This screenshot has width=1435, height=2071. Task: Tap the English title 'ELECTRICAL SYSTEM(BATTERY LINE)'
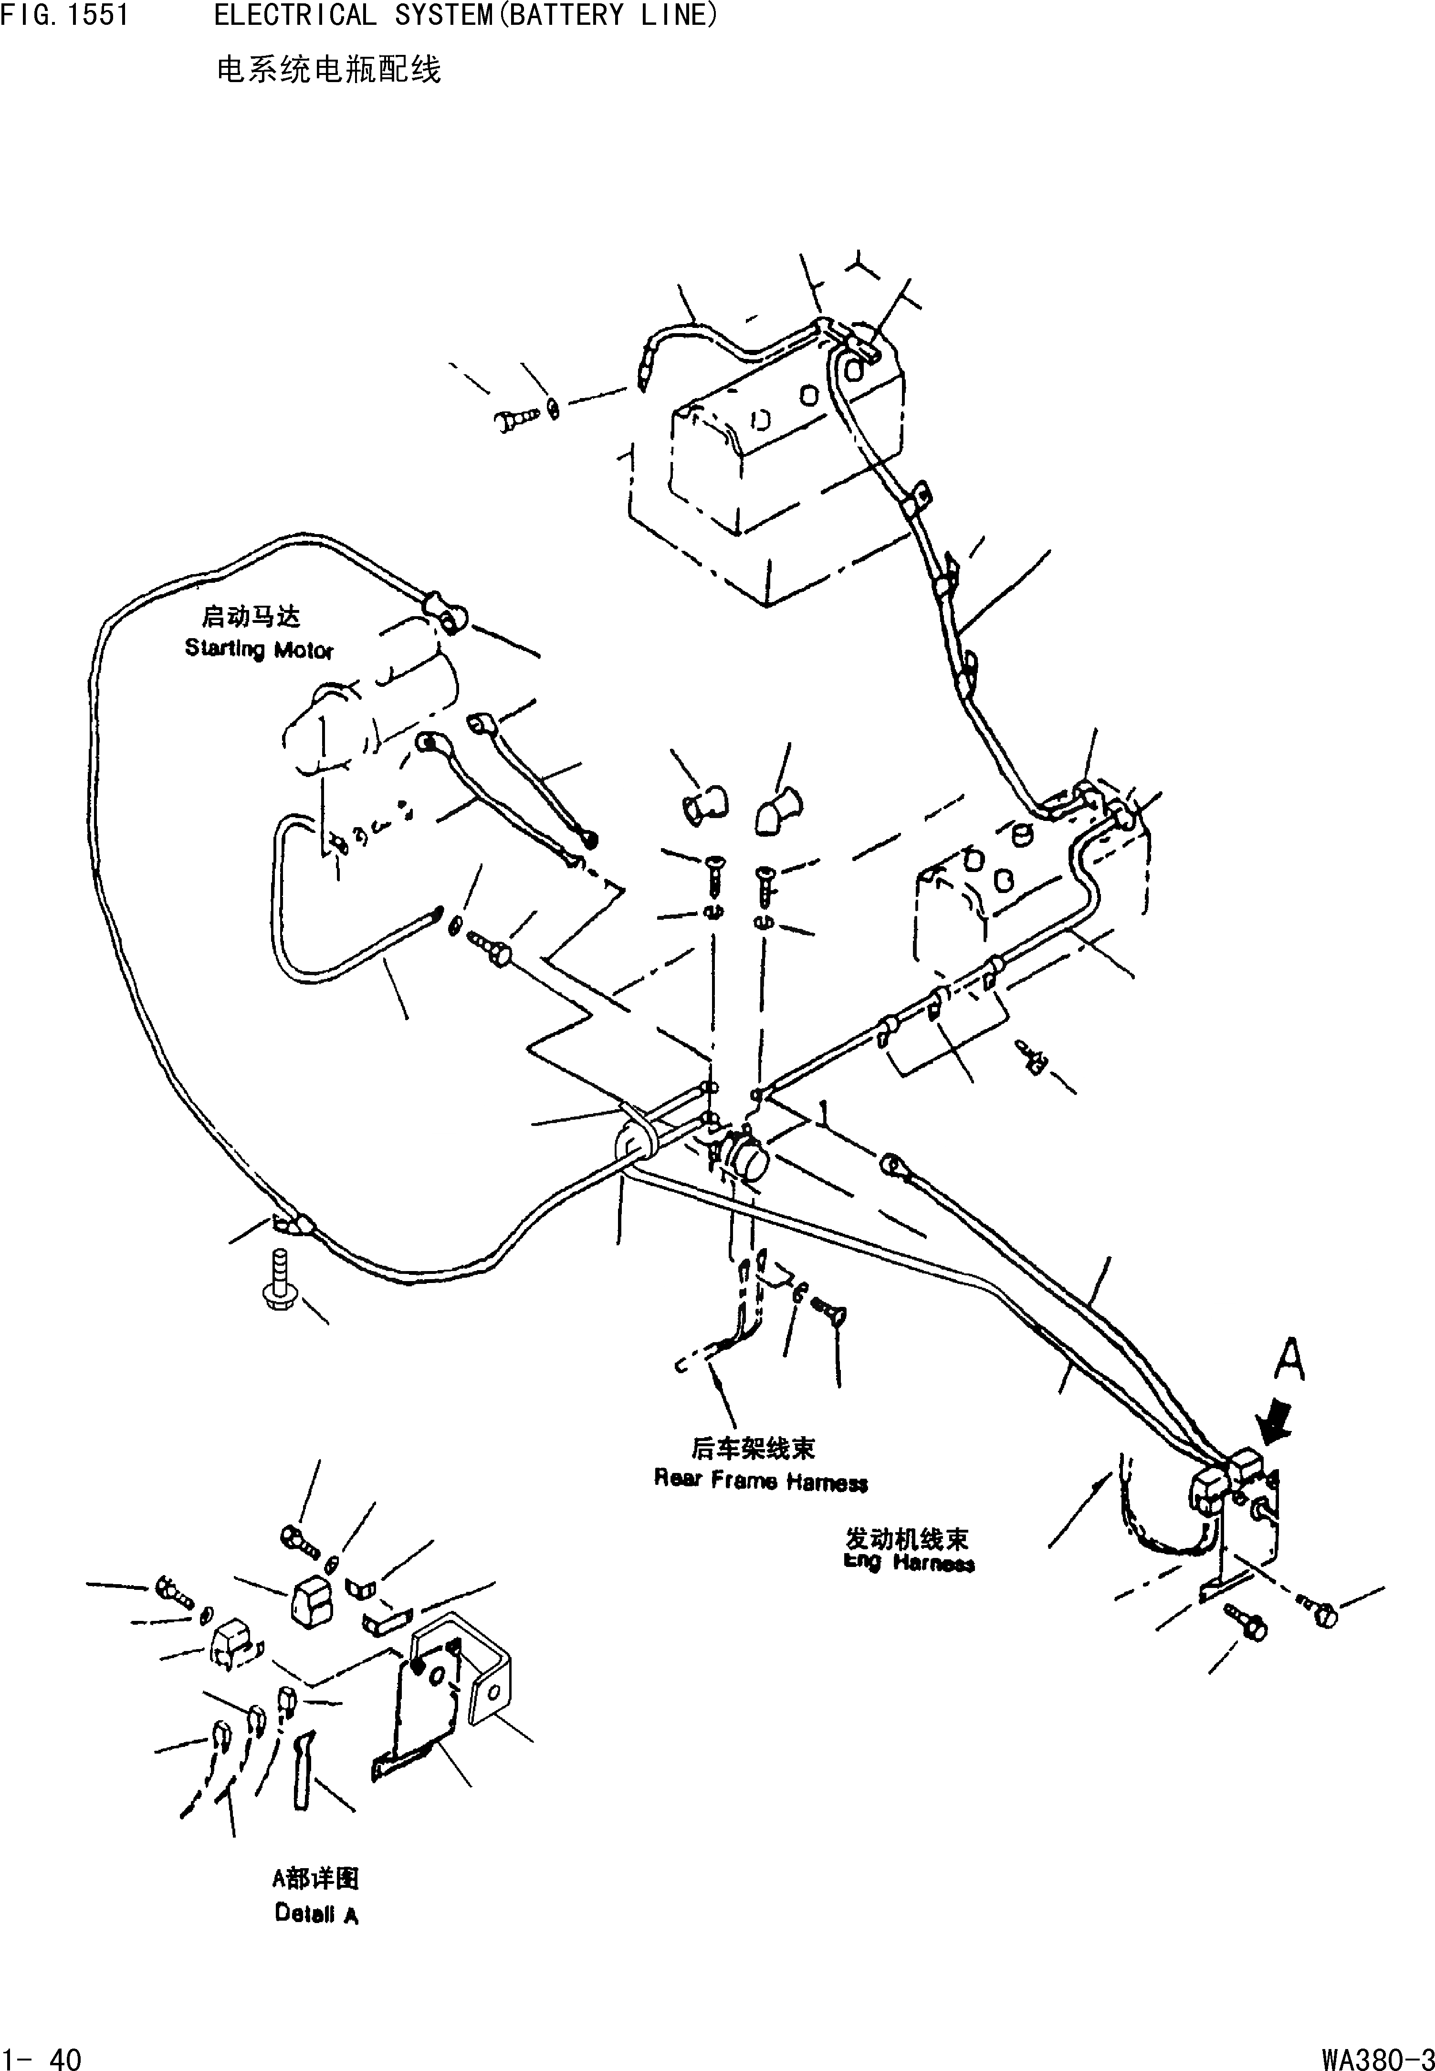[466, 15]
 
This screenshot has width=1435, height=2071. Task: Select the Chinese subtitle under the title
[329, 70]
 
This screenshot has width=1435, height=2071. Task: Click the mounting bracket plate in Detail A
[423, 1707]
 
